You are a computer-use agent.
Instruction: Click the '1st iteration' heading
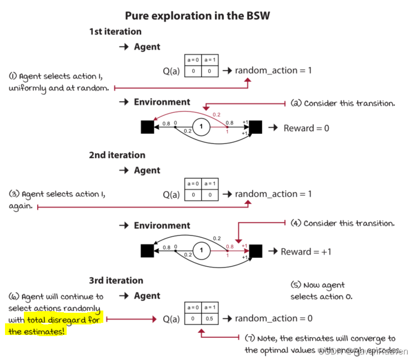coord(115,32)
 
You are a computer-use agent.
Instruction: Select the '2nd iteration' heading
coord(117,155)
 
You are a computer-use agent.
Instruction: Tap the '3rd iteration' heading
coord(116,281)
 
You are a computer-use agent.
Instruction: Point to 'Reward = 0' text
coord(306,128)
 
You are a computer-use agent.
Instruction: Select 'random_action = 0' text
coord(273,318)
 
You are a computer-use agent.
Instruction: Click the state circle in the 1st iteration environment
coord(201,127)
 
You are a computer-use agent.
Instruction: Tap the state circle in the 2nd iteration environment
coord(201,251)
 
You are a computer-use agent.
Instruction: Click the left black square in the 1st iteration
coord(147,127)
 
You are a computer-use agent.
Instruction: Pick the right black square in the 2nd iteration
coord(255,251)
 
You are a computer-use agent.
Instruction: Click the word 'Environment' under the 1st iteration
coord(162,102)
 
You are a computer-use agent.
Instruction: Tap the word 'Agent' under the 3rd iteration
coord(147,296)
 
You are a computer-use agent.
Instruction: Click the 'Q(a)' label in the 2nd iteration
coord(171,194)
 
